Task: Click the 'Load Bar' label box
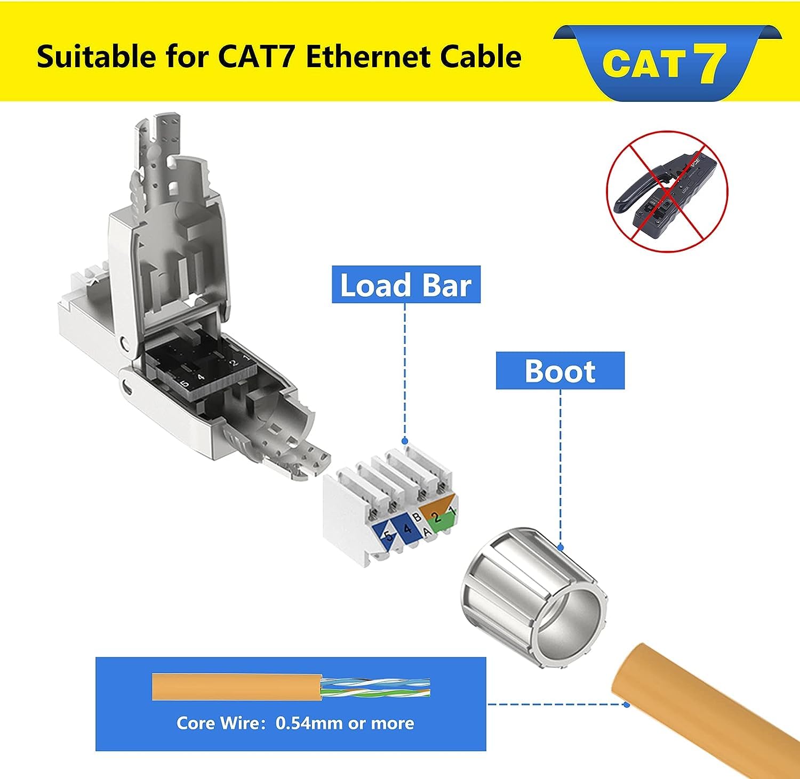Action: [x=406, y=284]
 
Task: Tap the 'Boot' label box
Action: [x=560, y=371]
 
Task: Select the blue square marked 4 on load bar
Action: [x=407, y=529]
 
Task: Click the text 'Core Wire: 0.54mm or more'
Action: [x=295, y=723]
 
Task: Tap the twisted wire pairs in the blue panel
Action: [x=375, y=688]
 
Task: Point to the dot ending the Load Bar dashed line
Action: [x=405, y=440]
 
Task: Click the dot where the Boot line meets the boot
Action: [x=560, y=547]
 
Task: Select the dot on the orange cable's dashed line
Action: [x=627, y=704]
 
